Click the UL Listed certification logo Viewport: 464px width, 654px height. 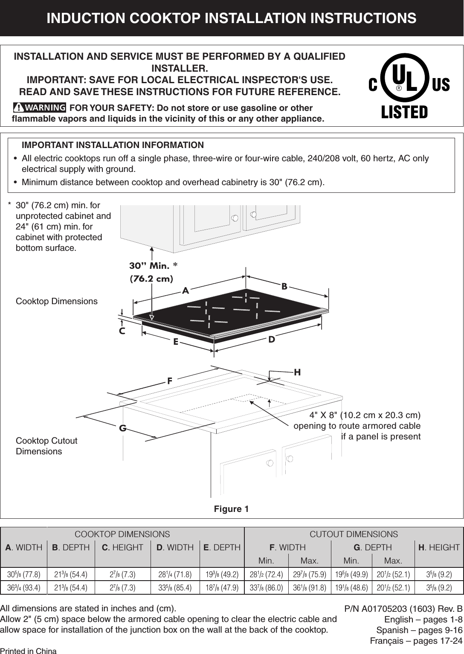pos(409,85)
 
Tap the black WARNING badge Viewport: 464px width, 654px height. pos(40,107)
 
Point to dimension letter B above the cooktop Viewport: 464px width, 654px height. pos(284,286)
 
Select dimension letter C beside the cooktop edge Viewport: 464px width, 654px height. pos(122,331)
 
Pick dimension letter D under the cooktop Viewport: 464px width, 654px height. pos(272,340)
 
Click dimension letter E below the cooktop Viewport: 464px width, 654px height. pos(175,342)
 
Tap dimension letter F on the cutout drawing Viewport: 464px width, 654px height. pos(169,380)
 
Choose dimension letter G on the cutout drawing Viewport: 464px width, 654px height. pos(122,428)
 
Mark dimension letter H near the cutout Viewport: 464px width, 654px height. pos(297,372)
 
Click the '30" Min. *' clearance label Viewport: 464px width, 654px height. pos(153,266)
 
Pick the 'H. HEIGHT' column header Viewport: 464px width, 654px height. pos(439,547)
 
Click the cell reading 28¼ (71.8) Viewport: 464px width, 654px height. pos(175,574)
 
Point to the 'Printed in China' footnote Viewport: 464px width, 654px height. pos(28,651)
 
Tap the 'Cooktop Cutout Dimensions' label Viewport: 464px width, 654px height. pos(46,446)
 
